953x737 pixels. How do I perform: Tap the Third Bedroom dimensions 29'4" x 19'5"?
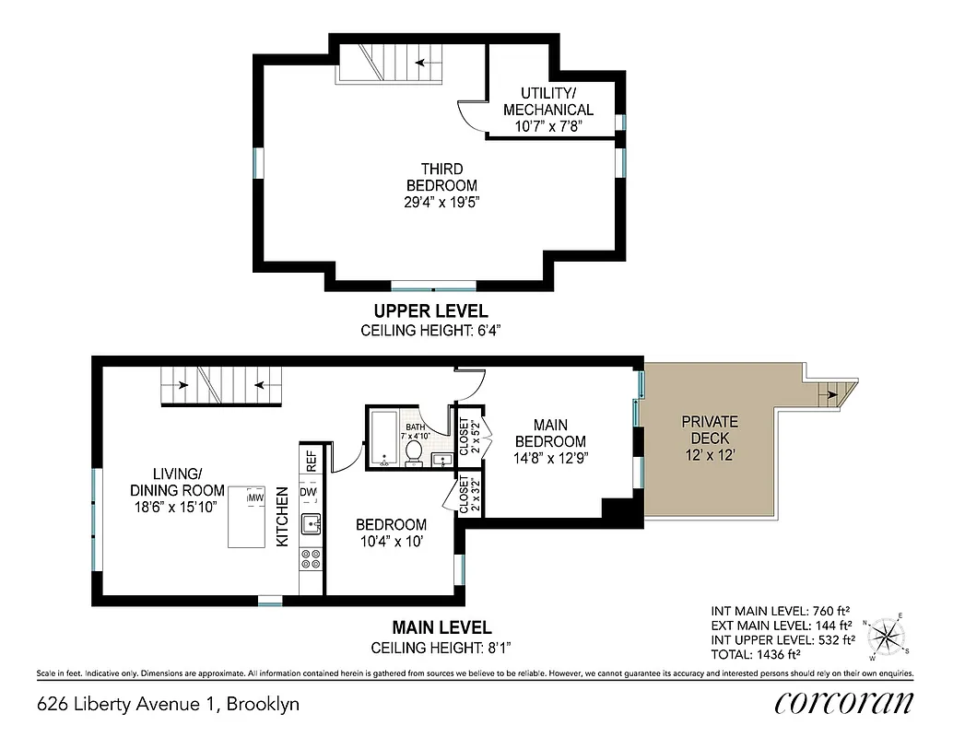[x=441, y=203]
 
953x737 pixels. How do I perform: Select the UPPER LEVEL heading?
[x=430, y=311]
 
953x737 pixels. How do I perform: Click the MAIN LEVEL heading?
[x=431, y=628]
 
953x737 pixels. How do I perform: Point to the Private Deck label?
[x=709, y=429]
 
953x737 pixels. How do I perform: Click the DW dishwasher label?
[x=309, y=493]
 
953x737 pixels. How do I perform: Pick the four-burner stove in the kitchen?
[x=311, y=558]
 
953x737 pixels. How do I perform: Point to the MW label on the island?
[x=254, y=498]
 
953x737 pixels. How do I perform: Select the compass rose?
[x=887, y=636]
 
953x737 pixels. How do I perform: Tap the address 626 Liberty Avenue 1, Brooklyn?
[x=169, y=705]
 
